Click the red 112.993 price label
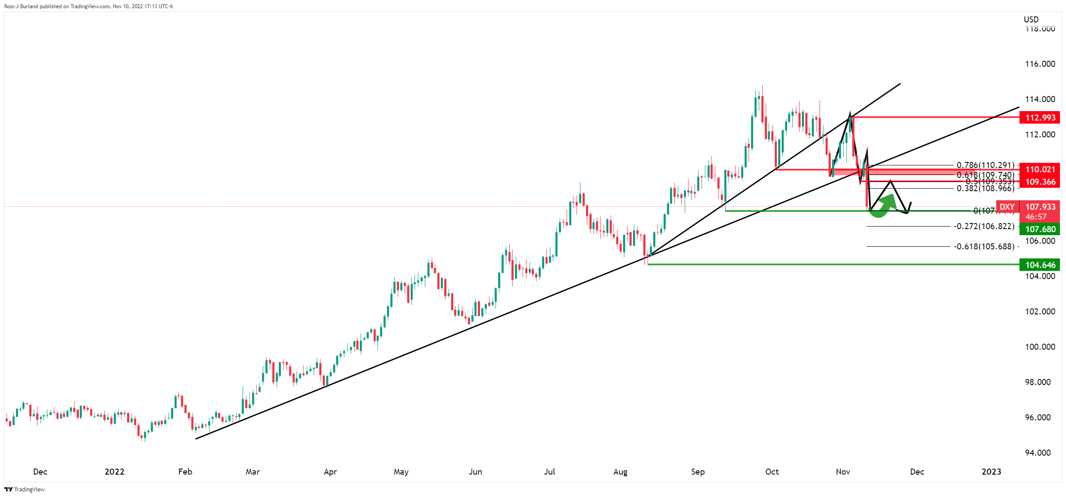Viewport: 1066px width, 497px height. point(1040,118)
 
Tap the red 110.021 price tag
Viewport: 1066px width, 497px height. point(1040,170)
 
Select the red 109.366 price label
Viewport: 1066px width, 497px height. point(1040,182)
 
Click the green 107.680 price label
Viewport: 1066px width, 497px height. point(1040,229)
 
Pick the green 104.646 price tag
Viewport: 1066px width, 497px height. point(1040,265)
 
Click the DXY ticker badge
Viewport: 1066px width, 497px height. point(1007,207)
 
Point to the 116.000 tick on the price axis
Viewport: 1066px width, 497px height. point(1040,64)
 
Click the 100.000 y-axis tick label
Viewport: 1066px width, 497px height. point(1040,347)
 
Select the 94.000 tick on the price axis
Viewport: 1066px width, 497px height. point(1040,453)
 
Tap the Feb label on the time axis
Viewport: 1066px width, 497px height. point(185,472)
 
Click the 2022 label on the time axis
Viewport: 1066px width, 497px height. point(115,472)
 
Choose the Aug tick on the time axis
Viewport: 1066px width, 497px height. point(620,472)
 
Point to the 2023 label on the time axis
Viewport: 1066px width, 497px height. point(991,472)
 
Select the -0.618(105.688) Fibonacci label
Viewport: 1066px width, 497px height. point(984,246)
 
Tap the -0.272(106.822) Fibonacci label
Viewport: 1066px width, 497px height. point(984,226)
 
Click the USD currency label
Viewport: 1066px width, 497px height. point(1031,19)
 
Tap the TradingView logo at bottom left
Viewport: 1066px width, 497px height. point(25,489)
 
